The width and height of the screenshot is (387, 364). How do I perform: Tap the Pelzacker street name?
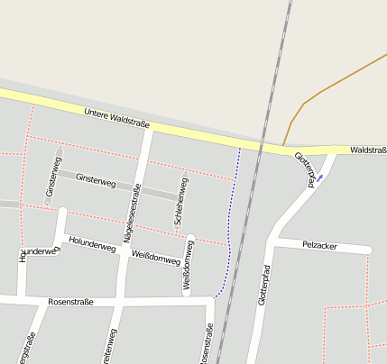319,245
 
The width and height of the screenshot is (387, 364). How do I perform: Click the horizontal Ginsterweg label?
96,182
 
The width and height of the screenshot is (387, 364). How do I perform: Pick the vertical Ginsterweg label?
51,179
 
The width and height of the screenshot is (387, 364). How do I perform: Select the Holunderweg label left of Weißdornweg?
92,243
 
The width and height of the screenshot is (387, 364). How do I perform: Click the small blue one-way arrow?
320,177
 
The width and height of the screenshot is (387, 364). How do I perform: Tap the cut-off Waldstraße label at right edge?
368,150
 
